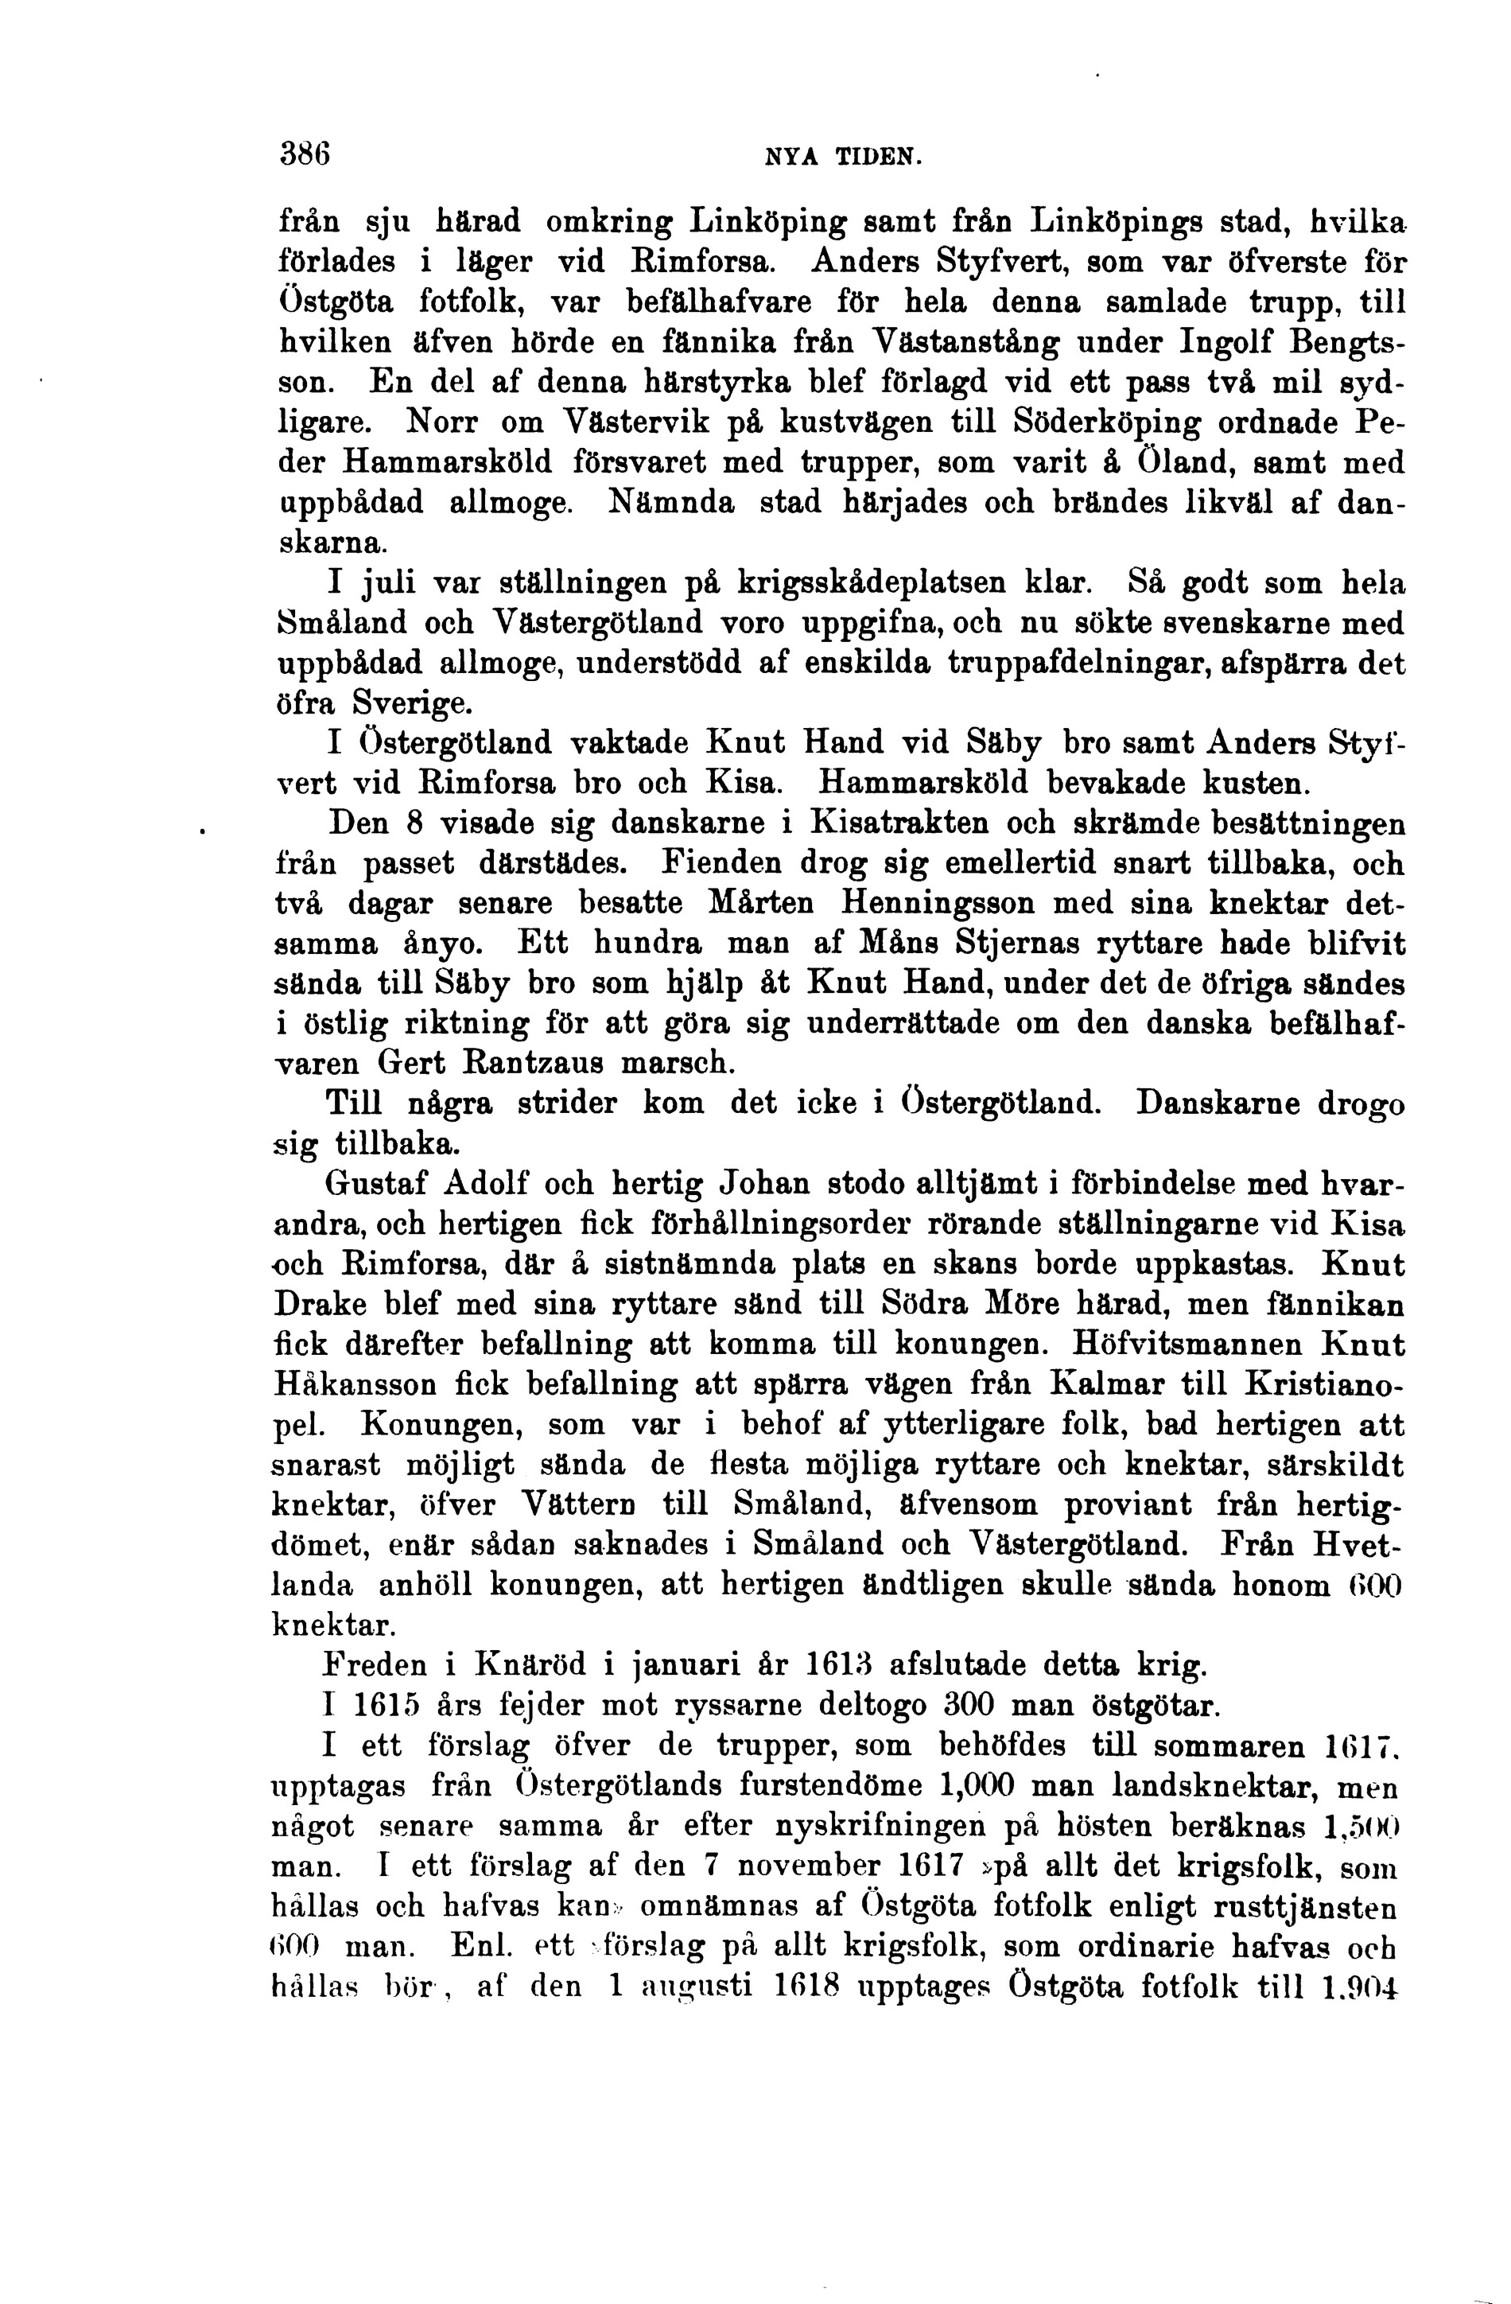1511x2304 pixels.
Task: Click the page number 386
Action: coord(304,154)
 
